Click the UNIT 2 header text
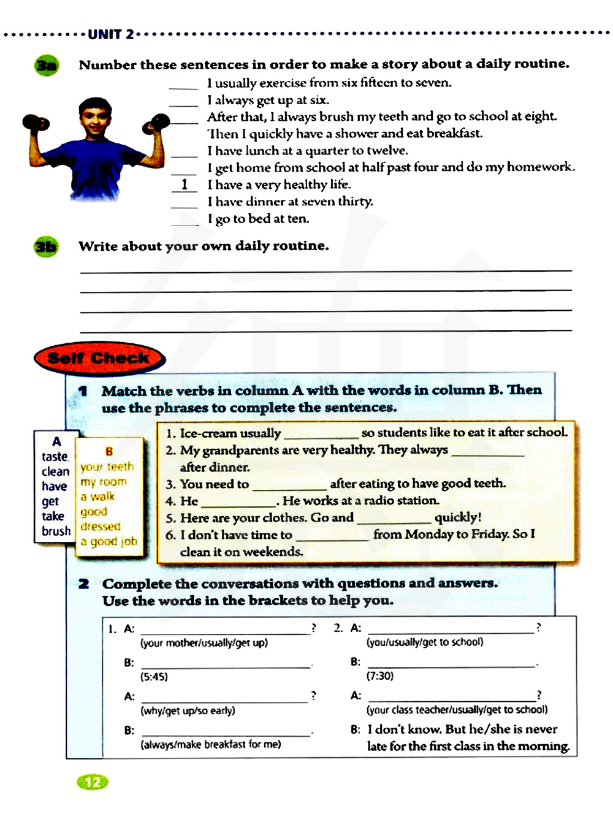click(x=110, y=34)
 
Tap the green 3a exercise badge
click(x=47, y=66)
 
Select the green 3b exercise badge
click(x=46, y=247)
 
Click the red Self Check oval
click(x=99, y=358)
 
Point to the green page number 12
click(x=93, y=782)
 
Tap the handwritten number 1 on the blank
click(x=185, y=184)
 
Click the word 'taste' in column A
click(x=55, y=457)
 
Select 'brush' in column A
click(x=56, y=531)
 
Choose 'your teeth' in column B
click(x=107, y=467)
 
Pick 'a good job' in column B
click(x=109, y=541)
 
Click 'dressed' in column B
click(x=101, y=527)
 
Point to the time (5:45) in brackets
click(x=154, y=677)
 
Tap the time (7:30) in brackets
click(x=380, y=676)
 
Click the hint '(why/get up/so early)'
click(x=188, y=710)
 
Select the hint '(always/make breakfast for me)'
click(x=210, y=744)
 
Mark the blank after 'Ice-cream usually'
click(x=321, y=435)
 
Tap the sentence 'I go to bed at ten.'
click(x=258, y=219)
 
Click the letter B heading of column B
click(x=109, y=451)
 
